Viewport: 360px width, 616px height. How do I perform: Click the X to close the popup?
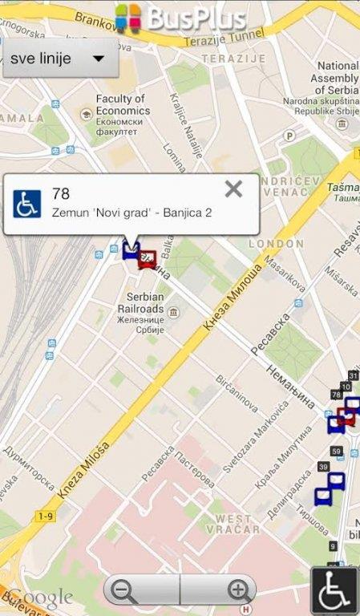(x=233, y=189)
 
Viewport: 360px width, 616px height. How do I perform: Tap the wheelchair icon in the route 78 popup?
(x=26, y=204)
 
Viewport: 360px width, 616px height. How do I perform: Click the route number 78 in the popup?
(x=60, y=193)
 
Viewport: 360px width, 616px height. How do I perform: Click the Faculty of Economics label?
(x=121, y=104)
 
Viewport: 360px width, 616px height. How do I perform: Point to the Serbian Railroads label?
(x=140, y=302)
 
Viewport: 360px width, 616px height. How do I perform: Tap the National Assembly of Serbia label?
(x=338, y=79)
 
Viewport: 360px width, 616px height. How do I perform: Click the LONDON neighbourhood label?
(x=276, y=243)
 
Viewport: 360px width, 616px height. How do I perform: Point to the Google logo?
(x=37, y=598)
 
